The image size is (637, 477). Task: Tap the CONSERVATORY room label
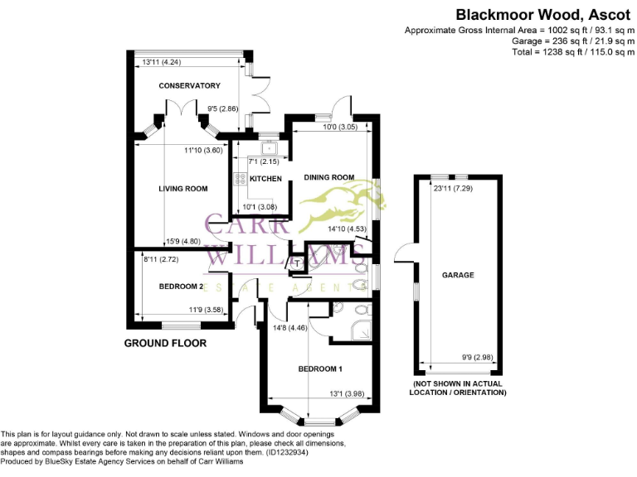pos(189,86)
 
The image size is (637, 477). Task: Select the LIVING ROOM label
pos(182,189)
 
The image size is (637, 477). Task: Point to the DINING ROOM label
pos(329,177)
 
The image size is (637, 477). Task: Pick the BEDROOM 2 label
pos(181,287)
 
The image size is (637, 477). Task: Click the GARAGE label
pos(458,275)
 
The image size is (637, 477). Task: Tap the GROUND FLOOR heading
pos(165,343)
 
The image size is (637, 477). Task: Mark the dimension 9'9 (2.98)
pos(477,359)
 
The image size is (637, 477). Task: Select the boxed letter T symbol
pos(296,264)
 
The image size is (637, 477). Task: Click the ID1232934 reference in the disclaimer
pos(286,453)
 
